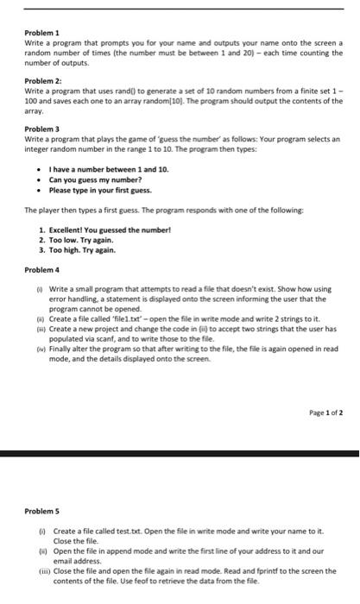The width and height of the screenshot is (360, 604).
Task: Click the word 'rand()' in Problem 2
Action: tap(130, 89)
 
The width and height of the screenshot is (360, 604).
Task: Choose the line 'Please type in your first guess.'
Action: tap(100, 190)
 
